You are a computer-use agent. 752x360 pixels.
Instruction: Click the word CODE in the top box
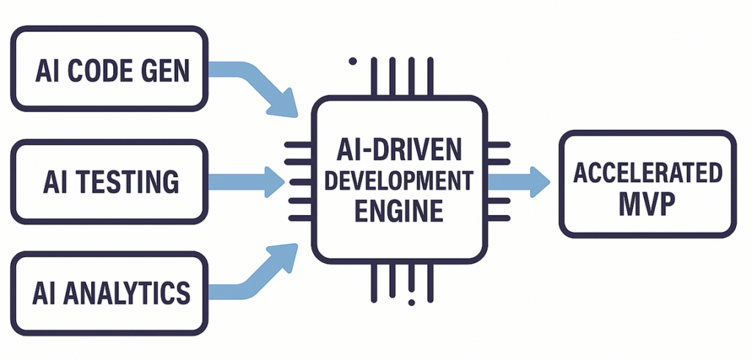(x=106, y=71)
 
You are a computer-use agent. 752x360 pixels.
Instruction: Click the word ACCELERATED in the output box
(x=648, y=173)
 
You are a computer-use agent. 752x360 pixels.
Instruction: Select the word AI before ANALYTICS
(x=45, y=292)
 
